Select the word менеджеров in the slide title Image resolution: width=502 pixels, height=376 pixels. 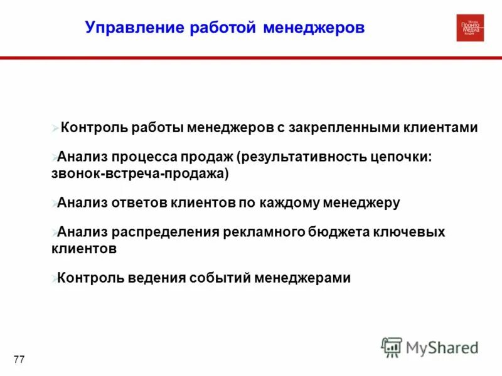[x=314, y=28]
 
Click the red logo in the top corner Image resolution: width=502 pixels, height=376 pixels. [x=470, y=28]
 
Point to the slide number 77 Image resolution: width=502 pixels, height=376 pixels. [x=19, y=359]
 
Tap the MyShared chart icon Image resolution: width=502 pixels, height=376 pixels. [x=392, y=347]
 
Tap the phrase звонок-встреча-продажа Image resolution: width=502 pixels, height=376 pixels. [x=140, y=174]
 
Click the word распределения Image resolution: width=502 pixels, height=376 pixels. [x=165, y=232]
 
